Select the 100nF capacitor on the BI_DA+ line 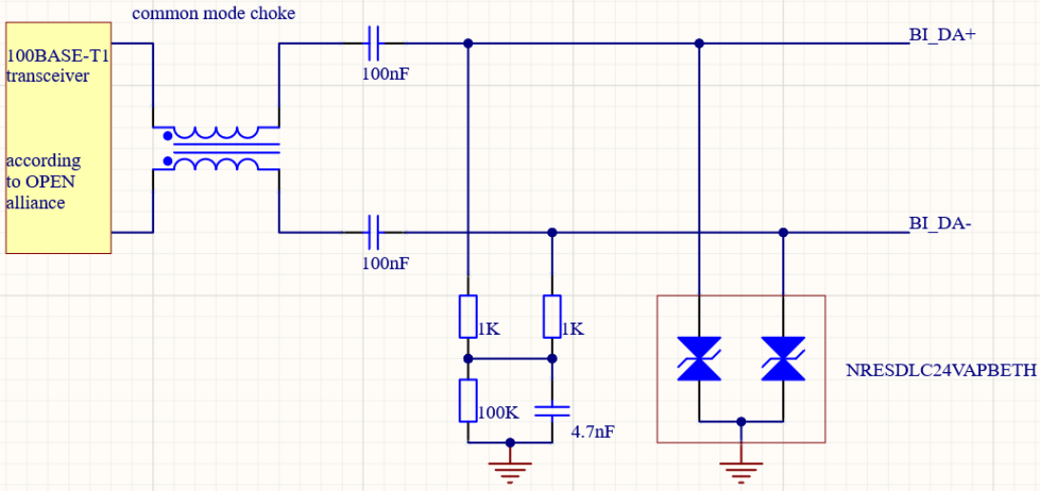pyautogui.click(x=373, y=43)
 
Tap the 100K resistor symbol pyautogui.click(x=467, y=400)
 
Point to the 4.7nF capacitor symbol pyautogui.click(x=552, y=410)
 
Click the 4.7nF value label pyautogui.click(x=592, y=432)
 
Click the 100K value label pyautogui.click(x=498, y=414)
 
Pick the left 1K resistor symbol pyautogui.click(x=467, y=316)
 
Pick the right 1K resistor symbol pyautogui.click(x=552, y=316)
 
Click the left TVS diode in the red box pyautogui.click(x=699, y=359)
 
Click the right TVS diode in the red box pyautogui.click(x=783, y=359)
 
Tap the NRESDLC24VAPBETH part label pyautogui.click(x=940, y=371)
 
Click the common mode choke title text pyautogui.click(x=213, y=13)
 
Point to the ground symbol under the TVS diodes pyautogui.click(x=741, y=468)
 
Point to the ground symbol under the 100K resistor pyautogui.click(x=510, y=468)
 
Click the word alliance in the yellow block pyautogui.click(x=35, y=203)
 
